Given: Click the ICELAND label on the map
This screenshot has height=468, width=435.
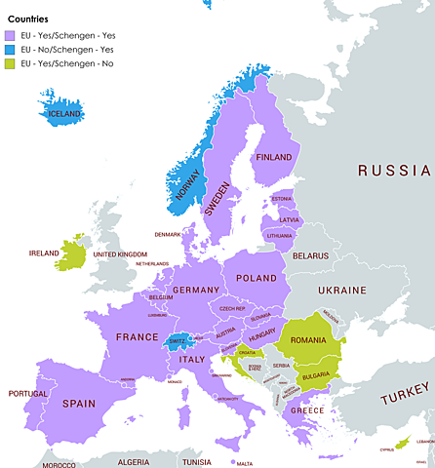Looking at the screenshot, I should [x=64, y=113].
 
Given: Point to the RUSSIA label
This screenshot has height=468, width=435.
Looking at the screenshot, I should [x=394, y=171].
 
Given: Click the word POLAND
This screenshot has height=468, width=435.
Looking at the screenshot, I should [x=257, y=278].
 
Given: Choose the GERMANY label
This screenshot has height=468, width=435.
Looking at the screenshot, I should [x=195, y=290].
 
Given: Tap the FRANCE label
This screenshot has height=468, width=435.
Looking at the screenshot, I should [x=137, y=336].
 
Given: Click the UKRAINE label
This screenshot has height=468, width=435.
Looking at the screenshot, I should [x=342, y=290].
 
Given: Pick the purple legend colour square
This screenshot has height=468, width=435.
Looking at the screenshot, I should [x=13, y=36].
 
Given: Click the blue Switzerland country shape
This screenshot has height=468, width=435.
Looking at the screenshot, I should [x=178, y=342].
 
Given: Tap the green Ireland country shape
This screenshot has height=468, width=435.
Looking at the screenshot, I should [x=70, y=254].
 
